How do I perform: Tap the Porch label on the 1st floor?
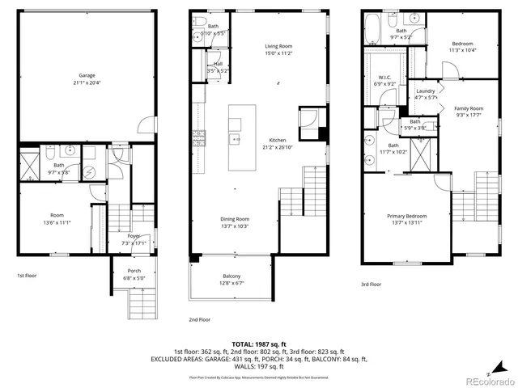(x=134, y=270)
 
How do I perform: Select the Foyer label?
(x=134, y=235)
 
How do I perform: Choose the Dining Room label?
(x=236, y=218)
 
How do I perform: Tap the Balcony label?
(x=231, y=276)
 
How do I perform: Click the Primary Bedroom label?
(x=406, y=216)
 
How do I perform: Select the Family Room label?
(x=468, y=108)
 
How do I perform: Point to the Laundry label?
(x=426, y=91)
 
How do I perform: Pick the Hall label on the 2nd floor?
(x=219, y=64)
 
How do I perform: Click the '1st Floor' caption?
(x=28, y=276)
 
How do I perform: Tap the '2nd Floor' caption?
(x=199, y=319)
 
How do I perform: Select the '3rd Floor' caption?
(x=372, y=284)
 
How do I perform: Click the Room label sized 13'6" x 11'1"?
(x=57, y=216)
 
